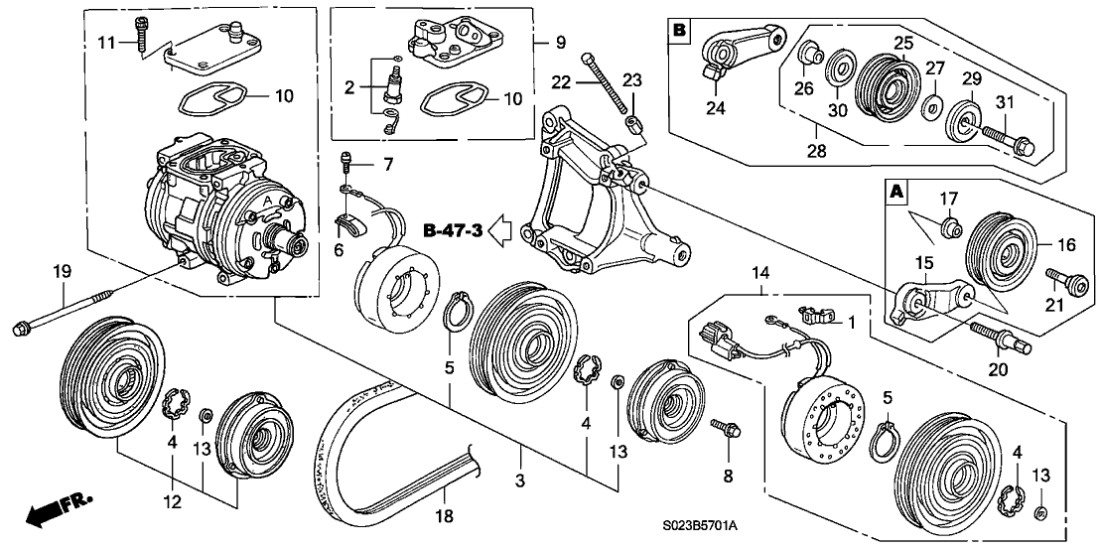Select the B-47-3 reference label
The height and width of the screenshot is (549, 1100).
pos(452,232)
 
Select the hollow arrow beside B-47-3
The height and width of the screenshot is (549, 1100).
pos(502,232)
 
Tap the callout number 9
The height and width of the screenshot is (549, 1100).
pos(561,43)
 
